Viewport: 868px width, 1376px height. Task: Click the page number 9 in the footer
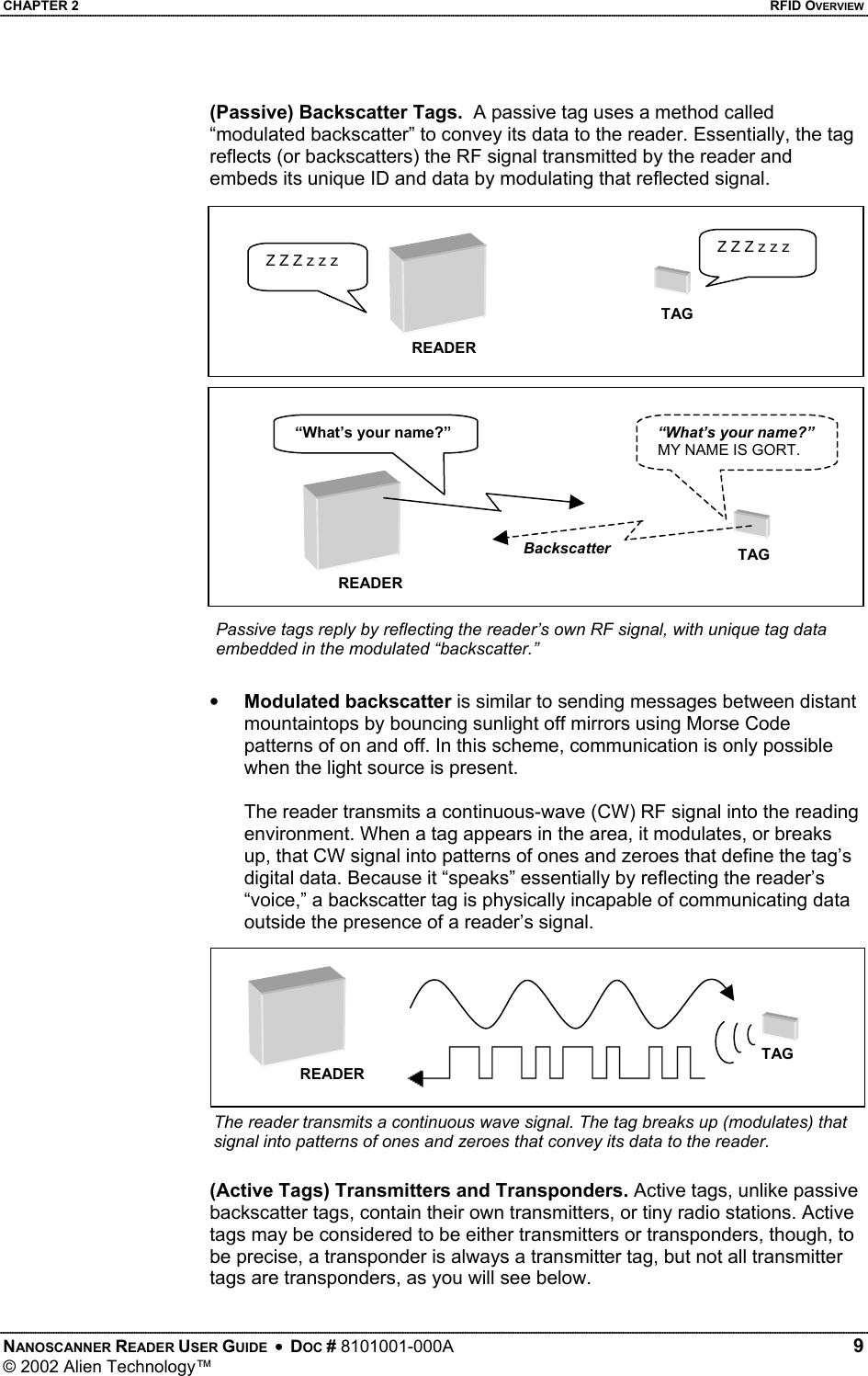[856, 1346]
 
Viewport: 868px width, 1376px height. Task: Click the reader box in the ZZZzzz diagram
[438, 282]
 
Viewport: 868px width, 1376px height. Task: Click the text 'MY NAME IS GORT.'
[728, 450]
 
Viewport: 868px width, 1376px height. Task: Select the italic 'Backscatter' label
[567, 549]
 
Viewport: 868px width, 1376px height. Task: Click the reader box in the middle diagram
[352, 521]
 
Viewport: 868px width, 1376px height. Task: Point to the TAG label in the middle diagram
[754, 555]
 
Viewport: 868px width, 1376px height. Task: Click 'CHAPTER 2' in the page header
[39, 7]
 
